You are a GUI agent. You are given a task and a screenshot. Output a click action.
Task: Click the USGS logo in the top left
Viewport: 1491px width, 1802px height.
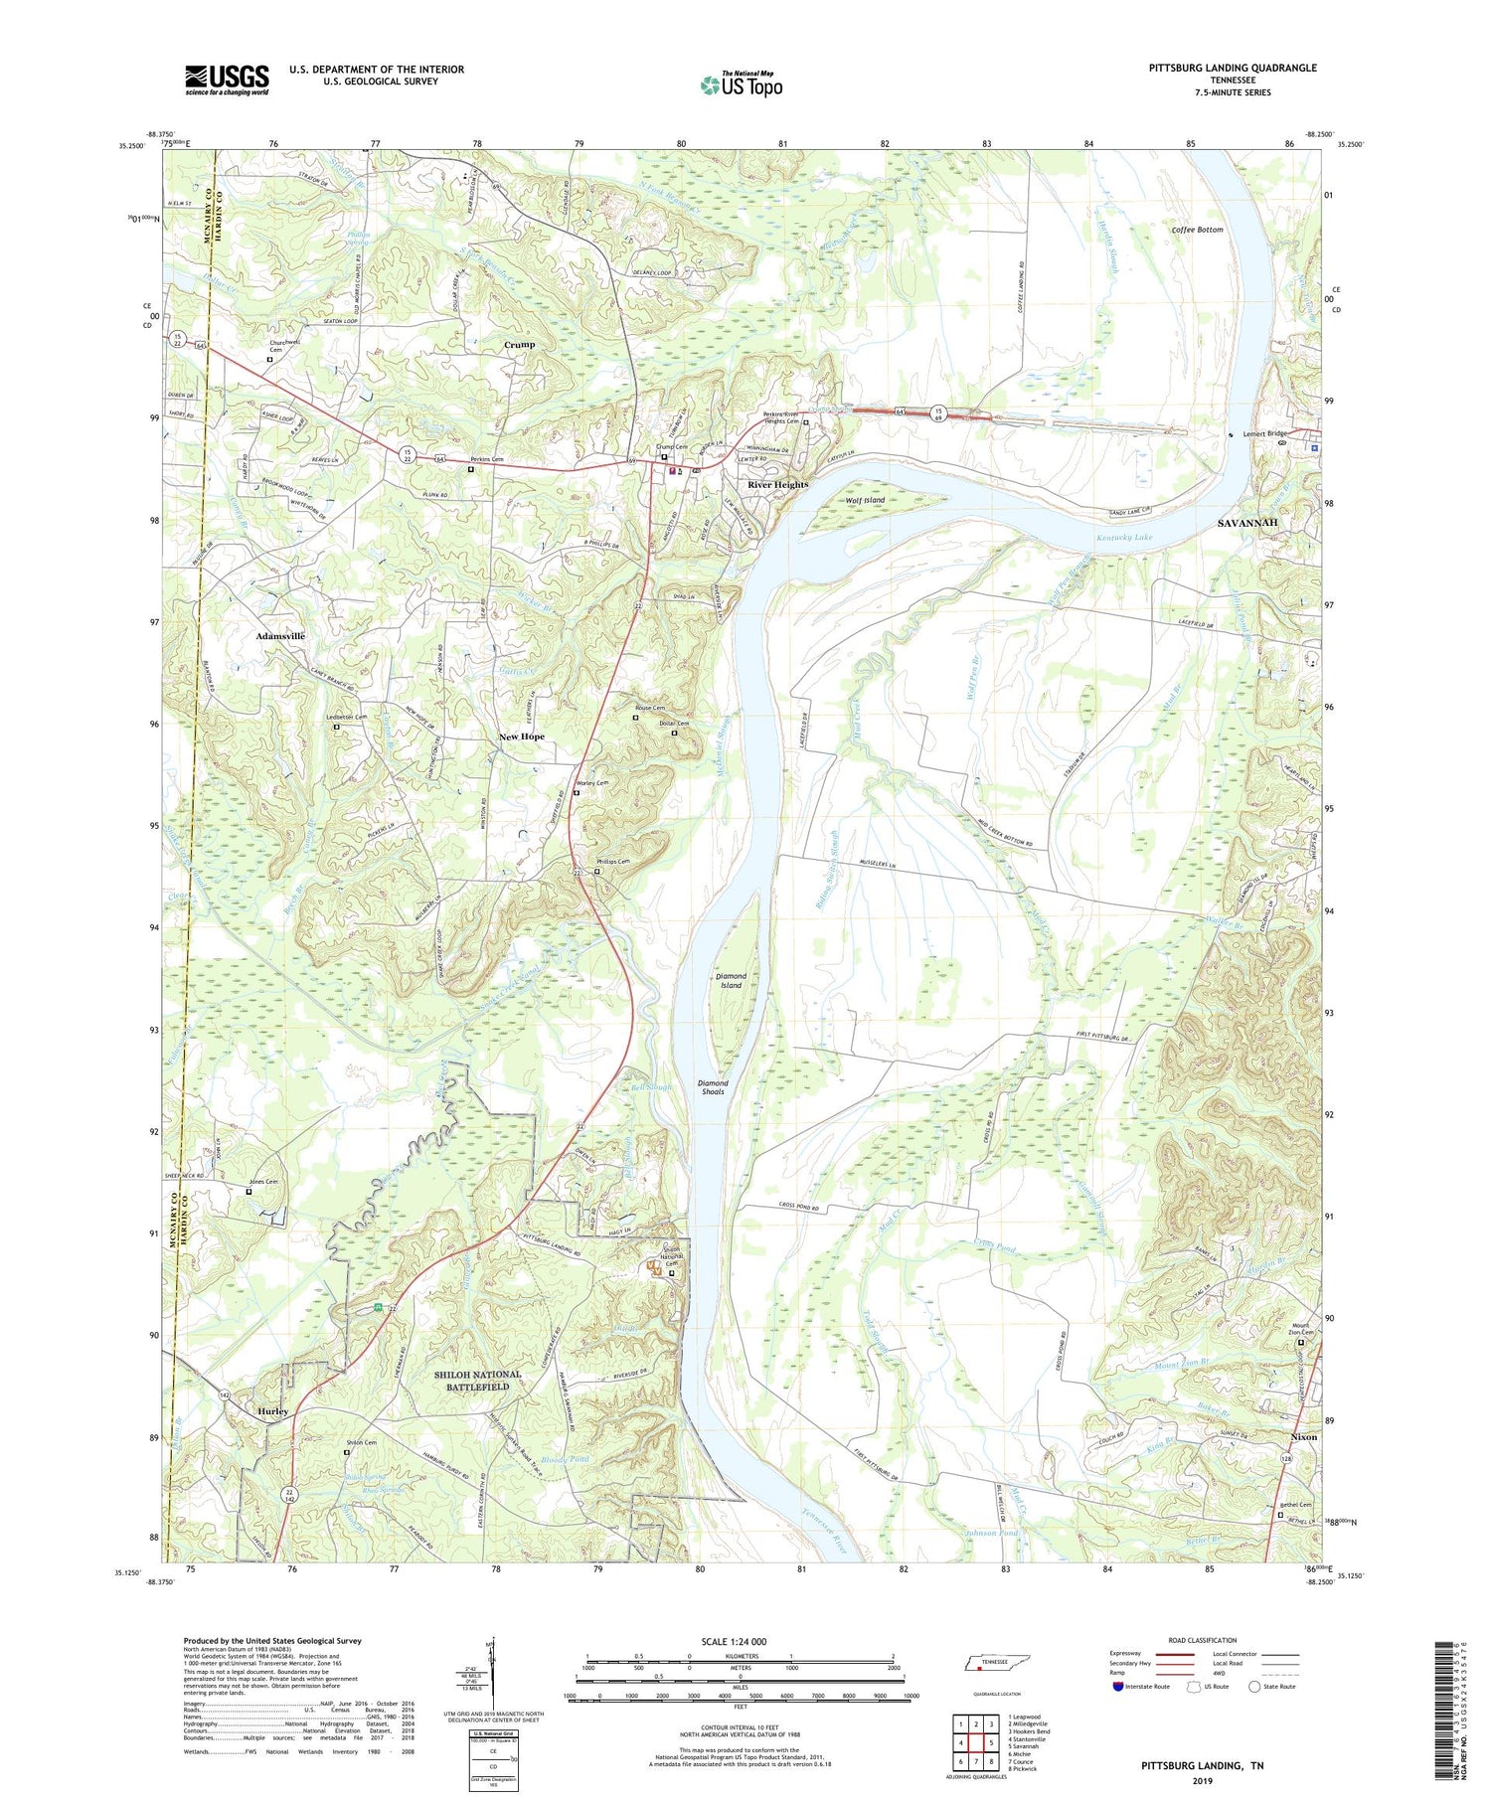pos(227,80)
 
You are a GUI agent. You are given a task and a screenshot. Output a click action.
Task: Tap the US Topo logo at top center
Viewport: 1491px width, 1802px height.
pos(742,85)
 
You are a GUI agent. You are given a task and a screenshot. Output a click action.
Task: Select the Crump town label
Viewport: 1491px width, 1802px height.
pos(519,344)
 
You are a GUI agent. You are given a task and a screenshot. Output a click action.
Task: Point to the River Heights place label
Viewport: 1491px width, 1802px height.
pos(777,485)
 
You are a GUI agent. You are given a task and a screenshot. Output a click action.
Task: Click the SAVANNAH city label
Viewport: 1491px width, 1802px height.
pos(1247,523)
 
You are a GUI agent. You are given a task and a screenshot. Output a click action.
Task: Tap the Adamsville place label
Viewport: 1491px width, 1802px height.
pos(280,635)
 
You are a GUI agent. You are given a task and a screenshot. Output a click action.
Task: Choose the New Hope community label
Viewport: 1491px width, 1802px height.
pos(521,737)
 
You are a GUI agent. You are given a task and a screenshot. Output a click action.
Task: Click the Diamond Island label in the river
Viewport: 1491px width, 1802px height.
pos(731,980)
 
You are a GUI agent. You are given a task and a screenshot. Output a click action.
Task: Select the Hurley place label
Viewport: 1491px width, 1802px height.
pos(272,1411)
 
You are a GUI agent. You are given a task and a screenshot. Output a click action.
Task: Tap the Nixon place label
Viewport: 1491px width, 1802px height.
pos(1303,1437)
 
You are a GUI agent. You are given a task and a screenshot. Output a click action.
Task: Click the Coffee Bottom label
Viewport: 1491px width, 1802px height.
pos(1197,230)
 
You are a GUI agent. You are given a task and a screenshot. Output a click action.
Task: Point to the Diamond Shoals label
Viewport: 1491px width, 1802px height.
pos(712,1087)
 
